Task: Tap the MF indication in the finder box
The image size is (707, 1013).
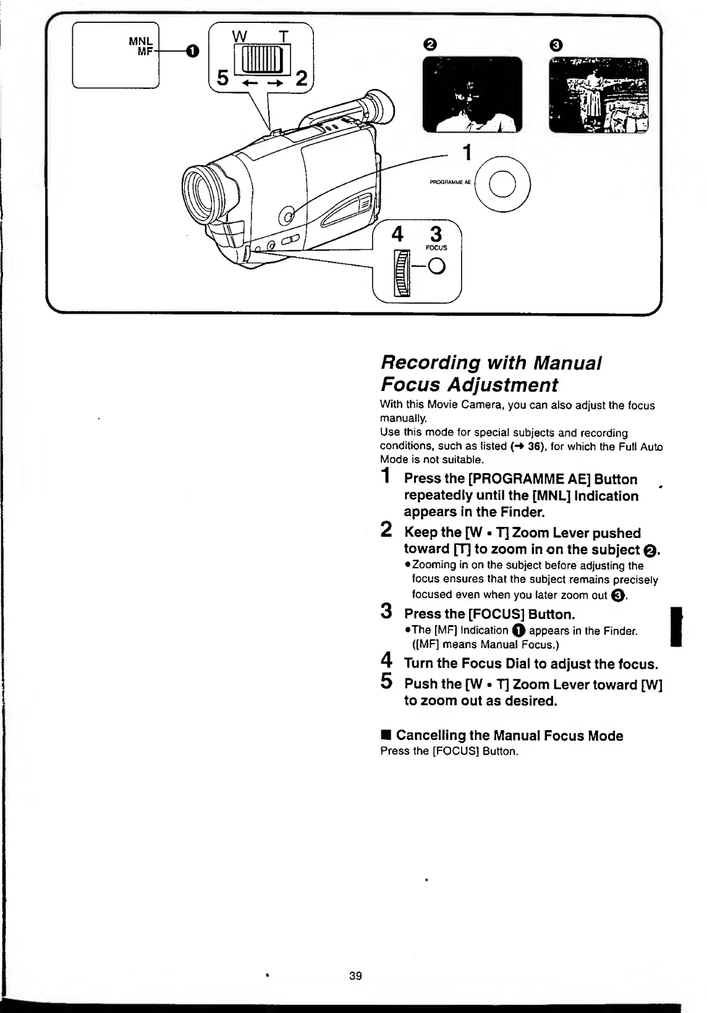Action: (x=144, y=52)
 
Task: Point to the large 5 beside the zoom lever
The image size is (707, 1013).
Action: (x=222, y=79)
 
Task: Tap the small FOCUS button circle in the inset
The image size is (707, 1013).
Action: (x=437, y=267)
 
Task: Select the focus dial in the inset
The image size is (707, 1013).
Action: (x=403, y=273)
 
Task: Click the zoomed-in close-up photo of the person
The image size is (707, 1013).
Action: (x=472, y=95)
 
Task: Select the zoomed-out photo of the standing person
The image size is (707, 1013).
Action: (x=599, y=95)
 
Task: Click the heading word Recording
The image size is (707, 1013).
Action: (x=430, y=362)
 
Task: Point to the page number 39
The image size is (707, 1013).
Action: (x=355, y=976)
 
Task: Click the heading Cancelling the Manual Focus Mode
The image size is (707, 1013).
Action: (x=509, y=735)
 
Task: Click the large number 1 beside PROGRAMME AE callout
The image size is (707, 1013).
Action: (x=468, y=152)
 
